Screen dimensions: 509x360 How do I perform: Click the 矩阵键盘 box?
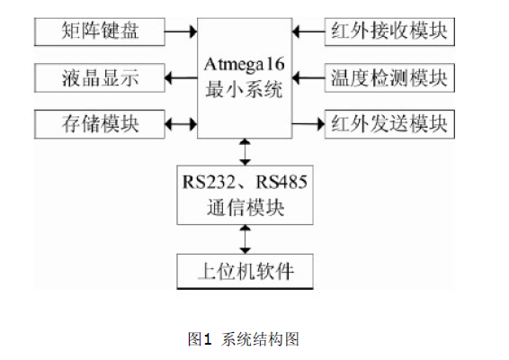click(x=100, y=31)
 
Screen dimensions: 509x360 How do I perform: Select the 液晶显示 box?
click(x=100, y=78)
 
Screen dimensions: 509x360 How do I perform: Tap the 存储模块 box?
click(x=100, y=124)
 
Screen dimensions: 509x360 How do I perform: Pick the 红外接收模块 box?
click(x=389, y=31)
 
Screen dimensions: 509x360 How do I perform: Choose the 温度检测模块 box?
click(x=389, y=78)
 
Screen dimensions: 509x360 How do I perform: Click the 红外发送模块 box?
click(x=389, y=124)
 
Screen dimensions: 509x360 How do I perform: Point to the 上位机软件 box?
click(x=246, y=272)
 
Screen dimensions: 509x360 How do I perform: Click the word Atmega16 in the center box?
click(x=245, y=65)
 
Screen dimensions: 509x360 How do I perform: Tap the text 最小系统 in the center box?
click(x=244, y=89)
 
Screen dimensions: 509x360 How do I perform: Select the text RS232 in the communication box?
click(x=209, y=182)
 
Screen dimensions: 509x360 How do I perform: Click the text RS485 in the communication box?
click(x=281, y=182)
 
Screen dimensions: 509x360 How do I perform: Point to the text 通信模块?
click(x=246, y=207)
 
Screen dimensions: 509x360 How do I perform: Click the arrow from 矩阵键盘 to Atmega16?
click(x=181, y=31)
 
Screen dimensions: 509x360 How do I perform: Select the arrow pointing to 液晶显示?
click(x=181, y=78)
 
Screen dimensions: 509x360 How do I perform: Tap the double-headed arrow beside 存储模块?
click(x=181, y=124)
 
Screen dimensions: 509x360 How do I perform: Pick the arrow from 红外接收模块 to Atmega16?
click(x=308, y=31)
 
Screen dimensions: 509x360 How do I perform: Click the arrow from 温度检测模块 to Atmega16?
click(x=308, y=78)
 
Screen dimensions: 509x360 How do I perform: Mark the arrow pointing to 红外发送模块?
click(x=308, y=124)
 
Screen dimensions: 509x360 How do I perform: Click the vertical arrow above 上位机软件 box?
click(x=246, y=239)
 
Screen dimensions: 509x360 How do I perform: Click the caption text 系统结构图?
click(x=260, y=339)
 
